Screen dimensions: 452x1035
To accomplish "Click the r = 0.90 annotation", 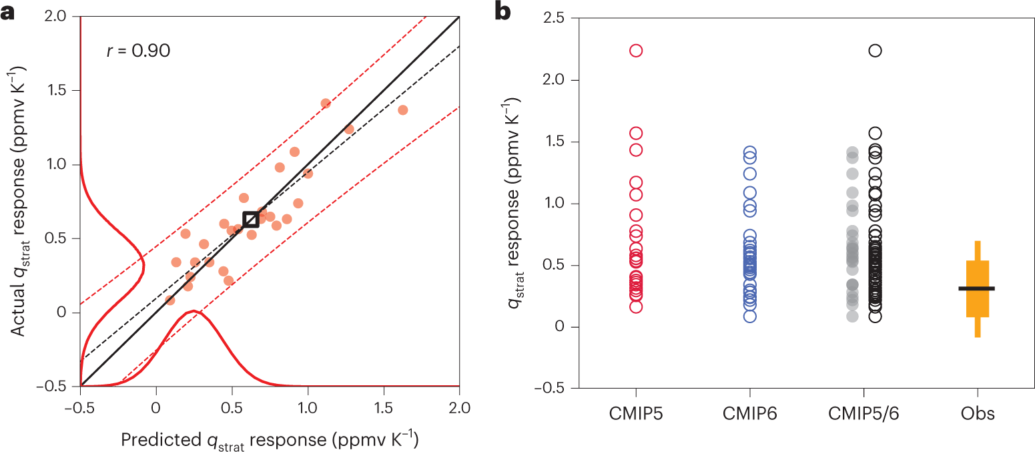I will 138,51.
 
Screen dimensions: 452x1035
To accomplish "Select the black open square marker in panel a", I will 251,220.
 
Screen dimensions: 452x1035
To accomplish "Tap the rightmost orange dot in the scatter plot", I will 402,109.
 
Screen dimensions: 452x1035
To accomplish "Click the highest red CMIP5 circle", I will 635,51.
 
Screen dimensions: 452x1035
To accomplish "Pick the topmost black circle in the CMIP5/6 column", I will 875,51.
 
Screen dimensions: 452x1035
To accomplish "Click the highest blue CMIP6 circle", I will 750,152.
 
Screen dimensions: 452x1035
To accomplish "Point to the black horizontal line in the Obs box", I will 976,288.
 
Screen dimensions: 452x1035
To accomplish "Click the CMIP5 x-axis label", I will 635,414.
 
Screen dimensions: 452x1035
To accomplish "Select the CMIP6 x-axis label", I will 750,414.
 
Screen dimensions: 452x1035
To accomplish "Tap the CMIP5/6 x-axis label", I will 864,414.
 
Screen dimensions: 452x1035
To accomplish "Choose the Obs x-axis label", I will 978,414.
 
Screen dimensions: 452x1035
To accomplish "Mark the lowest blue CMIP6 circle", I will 750,316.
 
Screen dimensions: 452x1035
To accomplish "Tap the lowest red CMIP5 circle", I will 635,306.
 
